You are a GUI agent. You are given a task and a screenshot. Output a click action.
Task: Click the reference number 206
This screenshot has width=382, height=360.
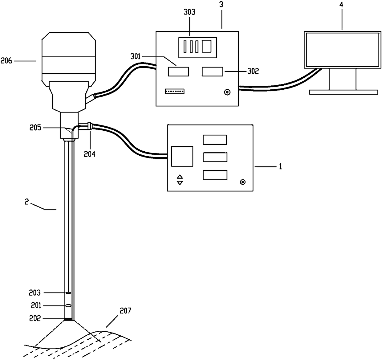coord(6,61)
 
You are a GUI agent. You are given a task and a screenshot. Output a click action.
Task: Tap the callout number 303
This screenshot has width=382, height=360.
coord(189,12)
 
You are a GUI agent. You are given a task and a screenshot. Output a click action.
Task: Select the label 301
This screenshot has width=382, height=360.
coord(136,57)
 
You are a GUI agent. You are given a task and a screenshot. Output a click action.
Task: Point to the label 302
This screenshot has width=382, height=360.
coord(253,71)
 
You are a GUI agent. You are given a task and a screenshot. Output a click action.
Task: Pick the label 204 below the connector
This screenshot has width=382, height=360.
coord(89,154)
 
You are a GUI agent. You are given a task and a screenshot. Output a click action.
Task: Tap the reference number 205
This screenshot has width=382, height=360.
coord(35,128)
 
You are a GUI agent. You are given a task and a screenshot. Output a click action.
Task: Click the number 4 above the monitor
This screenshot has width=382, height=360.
coord(341,5)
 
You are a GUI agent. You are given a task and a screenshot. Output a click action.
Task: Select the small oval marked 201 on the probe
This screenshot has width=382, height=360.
coord(68,305)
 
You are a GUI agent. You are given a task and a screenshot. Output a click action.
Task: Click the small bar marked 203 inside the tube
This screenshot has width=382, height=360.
coord(68,293)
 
